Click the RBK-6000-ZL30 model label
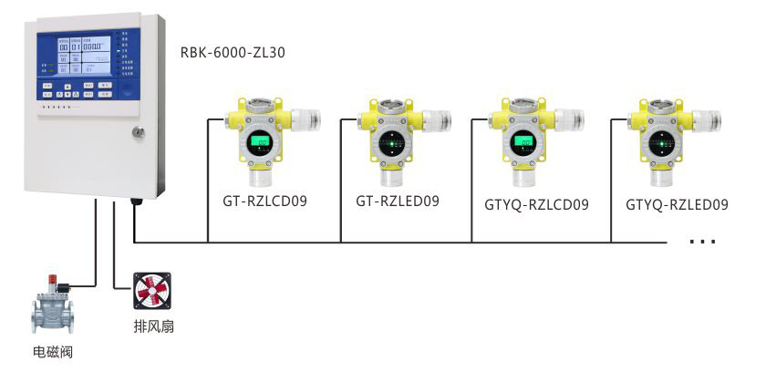(233, 53)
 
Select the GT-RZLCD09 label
(264, 201)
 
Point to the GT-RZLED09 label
(397, 201)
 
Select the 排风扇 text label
(153, 325)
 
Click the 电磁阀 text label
(51, 350)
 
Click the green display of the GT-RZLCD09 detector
(262, 142)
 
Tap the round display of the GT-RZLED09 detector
(392, 142)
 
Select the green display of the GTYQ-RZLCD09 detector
(523, 141)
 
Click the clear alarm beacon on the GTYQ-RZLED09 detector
(706, 119)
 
